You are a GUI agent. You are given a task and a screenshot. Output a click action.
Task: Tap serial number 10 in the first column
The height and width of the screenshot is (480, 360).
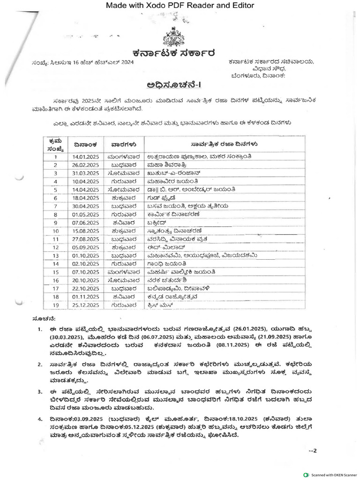[55, 231]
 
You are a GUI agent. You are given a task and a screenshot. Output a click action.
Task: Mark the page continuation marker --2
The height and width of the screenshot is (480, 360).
[313, 451]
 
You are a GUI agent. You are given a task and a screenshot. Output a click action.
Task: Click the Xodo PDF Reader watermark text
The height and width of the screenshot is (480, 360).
[180, 6]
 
